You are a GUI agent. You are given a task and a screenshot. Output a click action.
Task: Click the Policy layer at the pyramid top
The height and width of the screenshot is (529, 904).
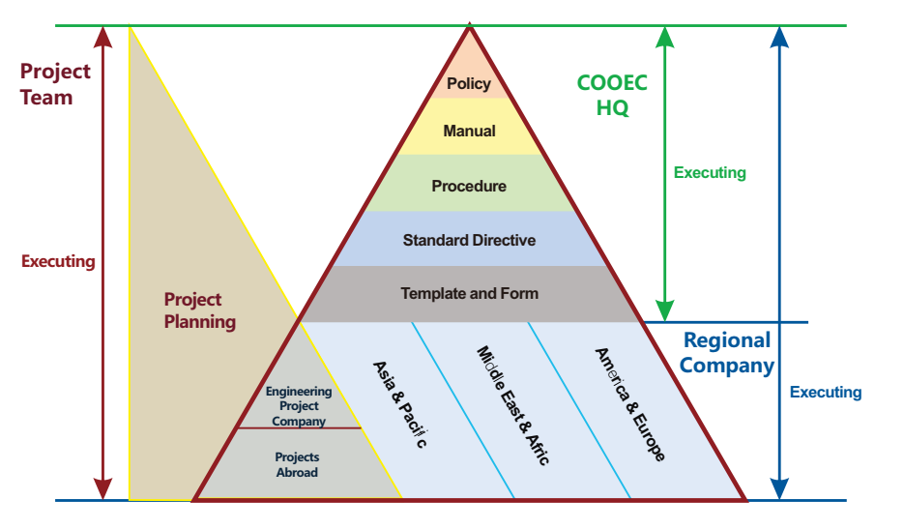pos(469,84)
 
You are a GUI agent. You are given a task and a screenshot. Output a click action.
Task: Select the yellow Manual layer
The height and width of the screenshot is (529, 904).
pos(469,131)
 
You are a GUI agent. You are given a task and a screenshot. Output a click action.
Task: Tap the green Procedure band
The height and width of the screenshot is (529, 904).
pos(469,186)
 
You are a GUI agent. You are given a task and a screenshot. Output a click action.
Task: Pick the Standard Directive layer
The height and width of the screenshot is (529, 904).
pos(469,240)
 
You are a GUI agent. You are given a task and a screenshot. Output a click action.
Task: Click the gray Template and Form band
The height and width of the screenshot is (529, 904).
pos(469,293)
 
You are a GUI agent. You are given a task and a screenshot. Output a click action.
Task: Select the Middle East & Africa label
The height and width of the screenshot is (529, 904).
pos(512,406)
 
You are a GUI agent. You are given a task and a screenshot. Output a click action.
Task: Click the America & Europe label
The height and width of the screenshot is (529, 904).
pos(630,403)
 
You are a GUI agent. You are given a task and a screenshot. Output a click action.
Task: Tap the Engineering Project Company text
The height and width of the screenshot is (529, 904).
pos(299,406)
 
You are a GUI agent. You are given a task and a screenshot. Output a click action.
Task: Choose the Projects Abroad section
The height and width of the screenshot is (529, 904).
pos(297,464)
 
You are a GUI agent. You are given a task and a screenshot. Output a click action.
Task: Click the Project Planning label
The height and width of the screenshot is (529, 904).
pos(199,310)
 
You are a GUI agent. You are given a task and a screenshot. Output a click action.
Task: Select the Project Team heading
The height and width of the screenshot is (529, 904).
pos(55,84)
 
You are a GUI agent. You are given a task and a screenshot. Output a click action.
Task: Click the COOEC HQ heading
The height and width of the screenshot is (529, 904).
pos(612,96)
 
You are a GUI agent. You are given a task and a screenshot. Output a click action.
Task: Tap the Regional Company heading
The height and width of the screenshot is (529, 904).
pos(727,353)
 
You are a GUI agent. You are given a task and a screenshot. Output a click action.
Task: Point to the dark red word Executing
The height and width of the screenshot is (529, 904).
pos(58,261)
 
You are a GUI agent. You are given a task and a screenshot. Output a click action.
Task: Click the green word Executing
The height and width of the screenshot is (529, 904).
pos(710,173)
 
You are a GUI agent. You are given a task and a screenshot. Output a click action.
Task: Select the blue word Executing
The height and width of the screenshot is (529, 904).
pos(826,392)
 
